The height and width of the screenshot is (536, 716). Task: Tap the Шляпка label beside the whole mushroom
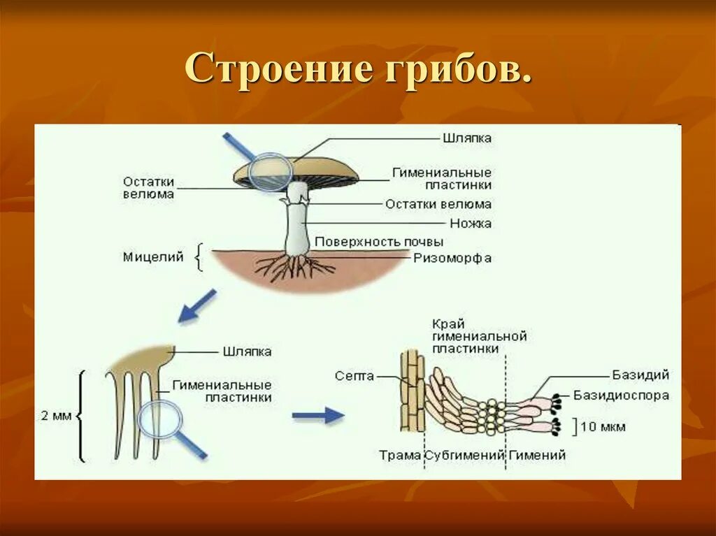tap(467, 138)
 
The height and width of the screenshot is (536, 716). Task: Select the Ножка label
tap(471, 224)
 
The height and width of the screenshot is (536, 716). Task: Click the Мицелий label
tap(153, 257)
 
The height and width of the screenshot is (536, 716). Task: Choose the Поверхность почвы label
tap(379, 242)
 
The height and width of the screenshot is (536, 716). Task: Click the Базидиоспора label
tap(621, 396)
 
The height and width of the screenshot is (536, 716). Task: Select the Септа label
tap(355, 376)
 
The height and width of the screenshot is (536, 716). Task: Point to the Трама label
tap(400, 455)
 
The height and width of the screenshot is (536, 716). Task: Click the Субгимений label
tap(465, 455)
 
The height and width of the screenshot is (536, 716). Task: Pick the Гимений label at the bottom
tap(537, 455)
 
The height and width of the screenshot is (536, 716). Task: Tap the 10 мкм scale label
tap(603, 426)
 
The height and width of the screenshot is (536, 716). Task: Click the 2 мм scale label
tap(57, 416)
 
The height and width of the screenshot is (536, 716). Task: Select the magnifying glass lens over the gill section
tap(160, 421)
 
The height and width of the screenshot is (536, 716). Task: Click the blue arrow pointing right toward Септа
tap(318, 416)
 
